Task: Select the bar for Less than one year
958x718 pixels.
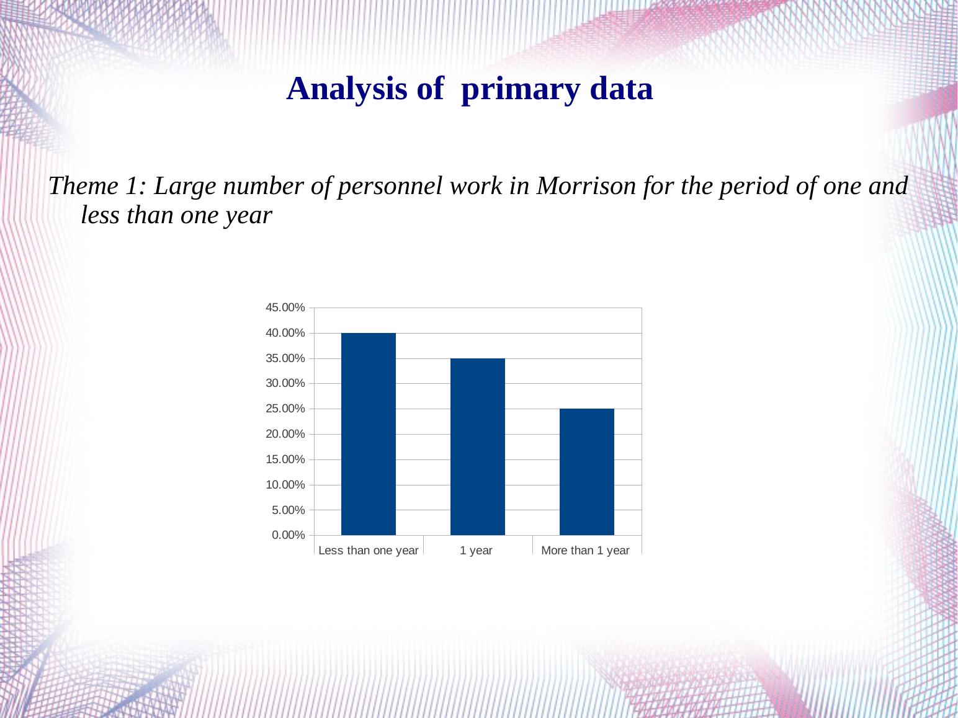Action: point(369,434)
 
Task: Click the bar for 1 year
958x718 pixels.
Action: point(478,446)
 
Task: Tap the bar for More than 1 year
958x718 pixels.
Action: point(586,472)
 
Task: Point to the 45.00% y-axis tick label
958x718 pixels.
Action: point(285,308)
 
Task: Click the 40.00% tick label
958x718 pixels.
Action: point(285,333)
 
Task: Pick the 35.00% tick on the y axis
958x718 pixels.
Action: point(285,358)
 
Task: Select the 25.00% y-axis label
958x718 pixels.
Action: point(285,409)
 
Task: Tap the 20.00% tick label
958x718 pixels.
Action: point(285,434)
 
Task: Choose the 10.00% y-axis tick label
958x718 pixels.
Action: point(285,485)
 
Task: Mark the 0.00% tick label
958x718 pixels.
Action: point(288,535)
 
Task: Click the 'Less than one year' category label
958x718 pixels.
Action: point(369,551)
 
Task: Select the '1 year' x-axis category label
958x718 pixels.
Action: point(476,551)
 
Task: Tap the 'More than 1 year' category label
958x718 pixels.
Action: point(585,551)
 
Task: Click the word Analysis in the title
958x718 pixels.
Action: point(346,89)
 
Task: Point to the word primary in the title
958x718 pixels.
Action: point(521,91)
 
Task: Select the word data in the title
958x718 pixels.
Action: point(621,89)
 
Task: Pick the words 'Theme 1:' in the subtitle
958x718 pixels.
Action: point(97,186)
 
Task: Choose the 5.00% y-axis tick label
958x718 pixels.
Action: point(288,510)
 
